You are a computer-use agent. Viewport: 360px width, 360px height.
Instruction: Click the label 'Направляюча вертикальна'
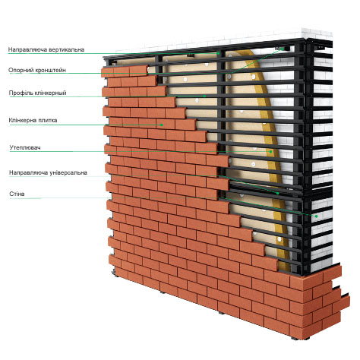point(46,49)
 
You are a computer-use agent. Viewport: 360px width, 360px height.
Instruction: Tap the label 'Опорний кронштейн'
point(37,70)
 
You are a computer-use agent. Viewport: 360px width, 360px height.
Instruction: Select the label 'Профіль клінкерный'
point(38,93)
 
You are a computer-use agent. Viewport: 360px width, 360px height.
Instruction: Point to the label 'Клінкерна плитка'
point(33,120)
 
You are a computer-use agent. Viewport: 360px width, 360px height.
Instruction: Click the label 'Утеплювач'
point(25,147)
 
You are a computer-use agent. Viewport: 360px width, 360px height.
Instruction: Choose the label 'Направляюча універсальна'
point(48,172)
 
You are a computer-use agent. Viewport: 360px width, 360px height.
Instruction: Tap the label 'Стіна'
point(17,194)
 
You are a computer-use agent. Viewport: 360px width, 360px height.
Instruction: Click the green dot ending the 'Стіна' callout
point(316,216)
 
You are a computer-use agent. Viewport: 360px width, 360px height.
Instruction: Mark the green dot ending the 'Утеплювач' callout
point(270,152)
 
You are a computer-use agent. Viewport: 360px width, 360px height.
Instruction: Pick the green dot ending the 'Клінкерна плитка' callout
point(161,125)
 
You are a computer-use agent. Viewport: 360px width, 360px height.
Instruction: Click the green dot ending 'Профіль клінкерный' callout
point(204,96)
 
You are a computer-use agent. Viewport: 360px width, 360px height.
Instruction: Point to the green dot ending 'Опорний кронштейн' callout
point(283,49)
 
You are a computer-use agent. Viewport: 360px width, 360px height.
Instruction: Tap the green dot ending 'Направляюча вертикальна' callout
point(218,53)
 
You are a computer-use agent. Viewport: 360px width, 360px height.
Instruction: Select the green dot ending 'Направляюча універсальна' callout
point(277,193)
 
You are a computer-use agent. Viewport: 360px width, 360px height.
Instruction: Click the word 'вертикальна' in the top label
point(67,49)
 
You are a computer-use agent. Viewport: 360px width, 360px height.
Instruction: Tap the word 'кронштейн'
point(51,70)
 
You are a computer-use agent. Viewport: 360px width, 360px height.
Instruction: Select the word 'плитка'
point(48,120)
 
